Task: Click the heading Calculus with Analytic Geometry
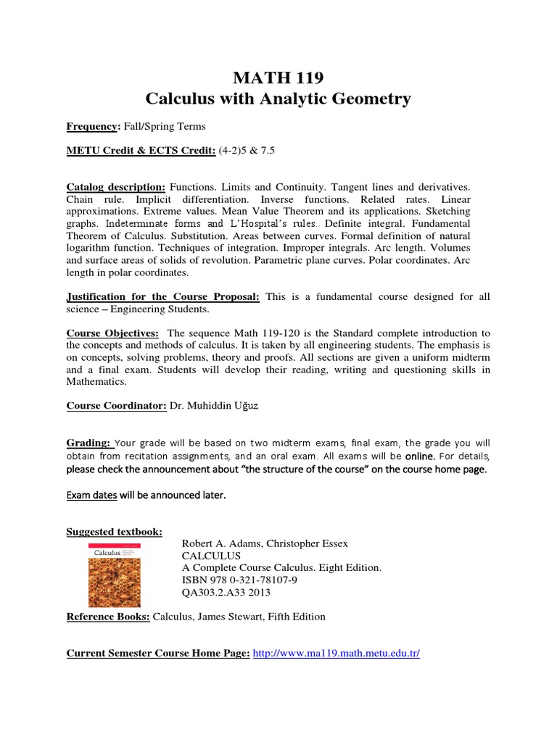click(278, 99)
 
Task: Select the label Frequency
click(92, 126)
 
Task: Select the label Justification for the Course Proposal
click(165, 297)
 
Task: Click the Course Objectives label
click(112, 333)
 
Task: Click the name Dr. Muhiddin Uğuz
click(213, 406)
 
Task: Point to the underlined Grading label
click(89, 443)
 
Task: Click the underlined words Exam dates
click(92, 496)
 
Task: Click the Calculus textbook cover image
click(114, 575)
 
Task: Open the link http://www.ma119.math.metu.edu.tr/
click(337, 653)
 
